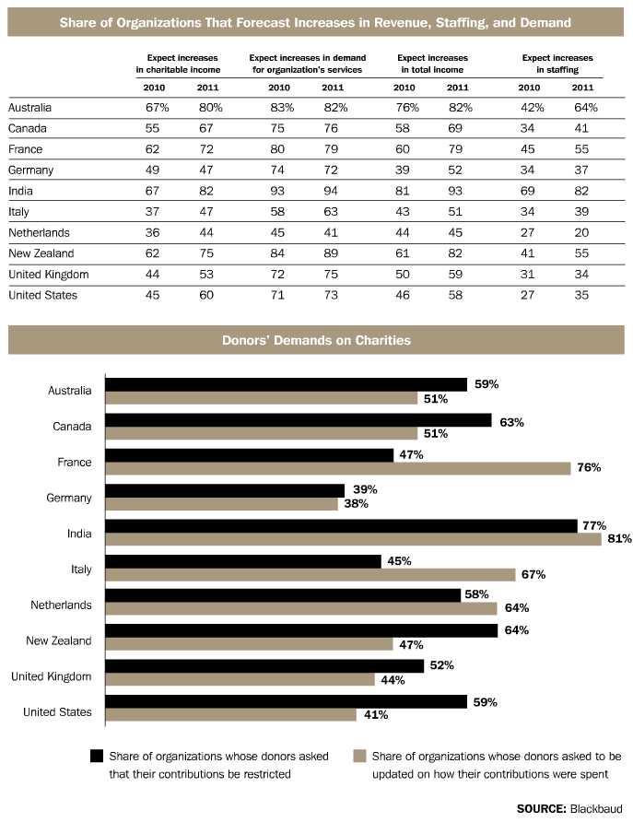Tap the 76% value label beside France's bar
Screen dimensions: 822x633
(588, 468)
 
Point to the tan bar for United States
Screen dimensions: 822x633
(230, 714)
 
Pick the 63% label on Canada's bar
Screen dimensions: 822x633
(511, 422)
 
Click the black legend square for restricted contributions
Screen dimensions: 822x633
(96, 757)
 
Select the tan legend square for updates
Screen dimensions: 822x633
(359, 757)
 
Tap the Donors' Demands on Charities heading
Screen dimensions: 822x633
(316, 340)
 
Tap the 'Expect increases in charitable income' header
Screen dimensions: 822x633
(177, 63)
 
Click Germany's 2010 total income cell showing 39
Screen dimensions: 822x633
(404, 170)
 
